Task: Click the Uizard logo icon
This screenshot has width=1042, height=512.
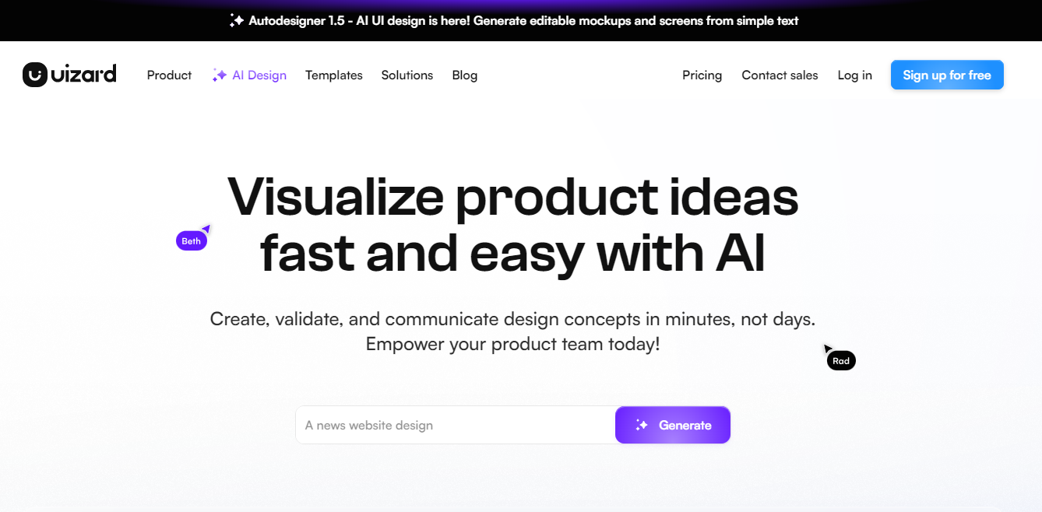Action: pos(35,75)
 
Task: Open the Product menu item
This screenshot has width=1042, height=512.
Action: pos(169,75)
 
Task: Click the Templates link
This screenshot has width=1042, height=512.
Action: pos(333,75)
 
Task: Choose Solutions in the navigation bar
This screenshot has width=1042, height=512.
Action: pos(407,75)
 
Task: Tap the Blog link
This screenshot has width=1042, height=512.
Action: pos(465,75)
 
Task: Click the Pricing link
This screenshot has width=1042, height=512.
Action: pos(702,75)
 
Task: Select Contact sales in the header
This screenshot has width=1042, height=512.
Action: pos(780,75)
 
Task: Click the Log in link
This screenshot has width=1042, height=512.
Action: pos(854,75)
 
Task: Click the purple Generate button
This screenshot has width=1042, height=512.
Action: pos(673,425)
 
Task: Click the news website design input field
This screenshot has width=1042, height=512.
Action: pos(456,425)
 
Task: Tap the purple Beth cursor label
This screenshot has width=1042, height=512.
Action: pos(191,241)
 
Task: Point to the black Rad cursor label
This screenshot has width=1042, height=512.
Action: pos(841,361)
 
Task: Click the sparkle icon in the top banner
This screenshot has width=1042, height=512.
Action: pos(236,20)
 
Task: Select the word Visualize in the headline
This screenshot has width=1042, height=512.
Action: pos(335,197)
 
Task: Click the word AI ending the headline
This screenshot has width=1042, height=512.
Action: pos(741,253)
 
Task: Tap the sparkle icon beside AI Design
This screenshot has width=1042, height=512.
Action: pos(220,75)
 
